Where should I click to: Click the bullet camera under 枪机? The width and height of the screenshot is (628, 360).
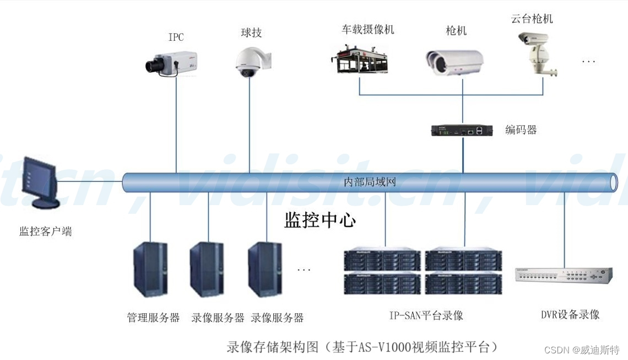(454, 62)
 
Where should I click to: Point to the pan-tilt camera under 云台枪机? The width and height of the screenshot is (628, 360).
(535, 53)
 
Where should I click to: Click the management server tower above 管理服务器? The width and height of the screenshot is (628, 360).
(150, 270)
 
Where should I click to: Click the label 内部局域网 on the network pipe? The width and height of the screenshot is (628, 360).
(370, 182)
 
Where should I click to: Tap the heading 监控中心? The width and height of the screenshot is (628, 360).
(320, 221)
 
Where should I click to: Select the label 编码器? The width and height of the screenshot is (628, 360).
(521, 130)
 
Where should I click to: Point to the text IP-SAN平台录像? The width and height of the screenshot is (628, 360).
(426, 315)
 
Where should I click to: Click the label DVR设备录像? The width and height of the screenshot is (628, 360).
(570, 314)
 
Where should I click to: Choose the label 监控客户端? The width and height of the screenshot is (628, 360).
(46, 232)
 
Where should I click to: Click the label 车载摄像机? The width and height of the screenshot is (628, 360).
(367, 29)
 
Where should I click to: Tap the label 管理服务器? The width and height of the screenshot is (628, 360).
(153, 318)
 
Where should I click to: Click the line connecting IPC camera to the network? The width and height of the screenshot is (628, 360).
(176, 127)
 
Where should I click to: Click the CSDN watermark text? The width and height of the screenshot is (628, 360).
(582, 350)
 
